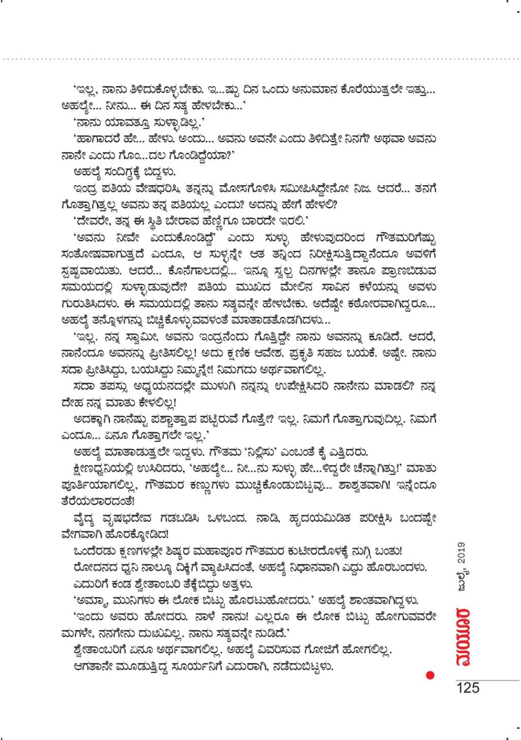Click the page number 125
click(467, 688)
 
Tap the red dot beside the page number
click(429, 675)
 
